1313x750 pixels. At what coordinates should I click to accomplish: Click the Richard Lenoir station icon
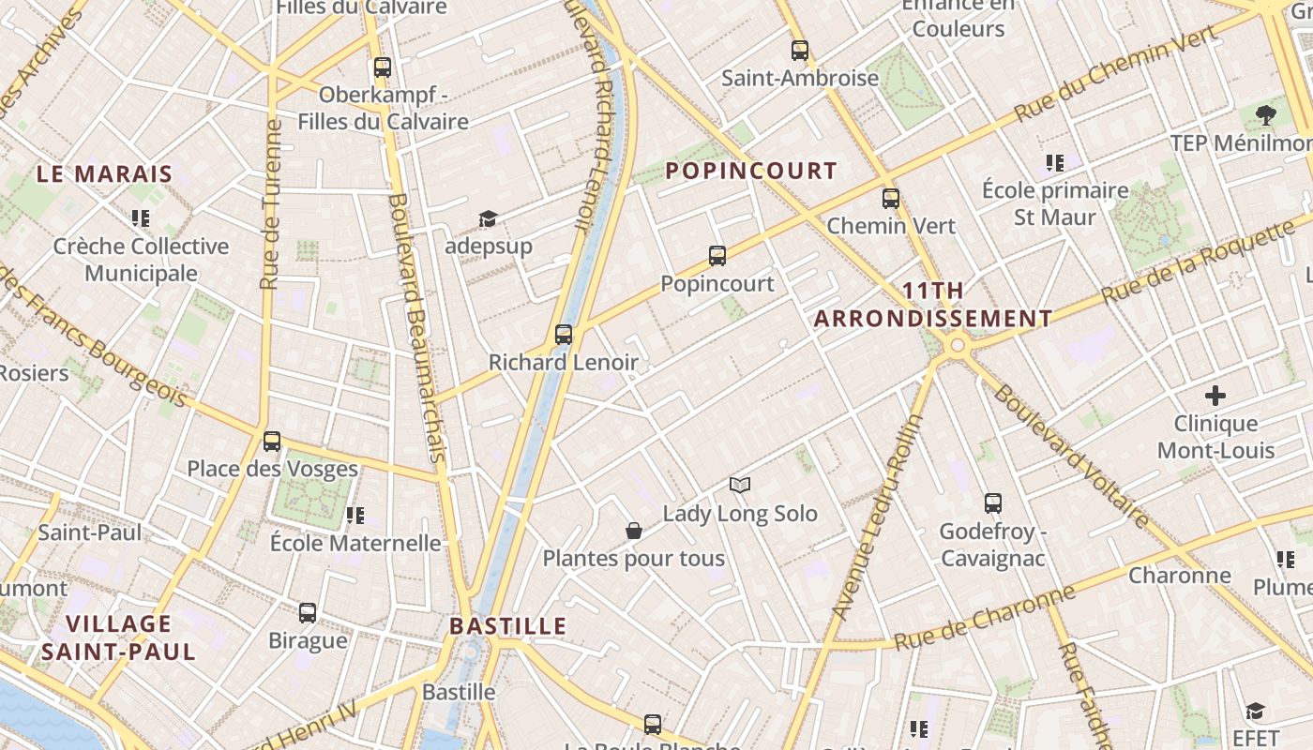pos(564,335)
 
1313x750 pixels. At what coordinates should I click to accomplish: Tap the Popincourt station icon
pos(717,256)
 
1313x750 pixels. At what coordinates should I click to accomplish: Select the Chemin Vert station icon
pos(891,199)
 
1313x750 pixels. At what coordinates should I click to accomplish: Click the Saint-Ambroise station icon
pos(800,51)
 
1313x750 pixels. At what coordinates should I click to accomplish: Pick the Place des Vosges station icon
pos(272,442)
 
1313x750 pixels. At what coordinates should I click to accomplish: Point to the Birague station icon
pos(308,613)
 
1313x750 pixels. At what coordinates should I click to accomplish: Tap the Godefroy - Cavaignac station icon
pos(993,503)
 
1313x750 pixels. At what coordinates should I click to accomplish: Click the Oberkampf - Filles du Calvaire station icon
pos(383,67)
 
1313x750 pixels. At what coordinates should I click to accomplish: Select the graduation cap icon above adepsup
pos(488,219)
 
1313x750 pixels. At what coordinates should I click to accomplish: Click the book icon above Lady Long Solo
pos(740,485)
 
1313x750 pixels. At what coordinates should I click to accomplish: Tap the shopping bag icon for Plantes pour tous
pos(634,532)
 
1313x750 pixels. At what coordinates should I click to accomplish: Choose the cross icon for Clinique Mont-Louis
pos(1215,396)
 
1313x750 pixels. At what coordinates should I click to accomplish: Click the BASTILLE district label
pos(508,626)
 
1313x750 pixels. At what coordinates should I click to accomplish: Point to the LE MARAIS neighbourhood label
pos(105,173)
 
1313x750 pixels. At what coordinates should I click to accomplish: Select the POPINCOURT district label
pos(751,171)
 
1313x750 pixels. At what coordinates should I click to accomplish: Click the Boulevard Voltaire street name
pos(1071,456)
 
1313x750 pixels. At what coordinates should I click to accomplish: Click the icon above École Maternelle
pos(355,516)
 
